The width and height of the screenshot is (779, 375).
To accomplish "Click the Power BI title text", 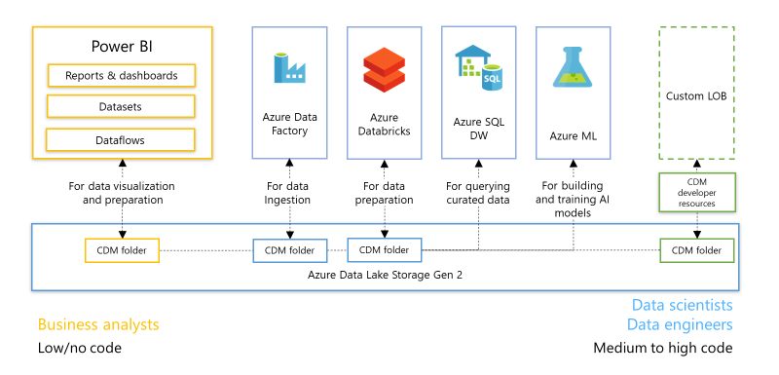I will point(122,46).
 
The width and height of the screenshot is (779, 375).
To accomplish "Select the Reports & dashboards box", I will point(122,76).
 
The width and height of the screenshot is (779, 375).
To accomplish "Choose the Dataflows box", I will point(122,140).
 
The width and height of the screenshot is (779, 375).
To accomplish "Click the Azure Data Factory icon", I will point(289,68).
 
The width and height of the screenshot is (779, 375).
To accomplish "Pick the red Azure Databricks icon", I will point(384,68).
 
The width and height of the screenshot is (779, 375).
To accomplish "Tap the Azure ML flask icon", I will point(574,68).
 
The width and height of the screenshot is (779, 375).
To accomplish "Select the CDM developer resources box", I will point(696,191).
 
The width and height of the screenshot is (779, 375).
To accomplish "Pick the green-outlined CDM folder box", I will point(696,250).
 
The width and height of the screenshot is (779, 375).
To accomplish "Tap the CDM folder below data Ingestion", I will point(289,250).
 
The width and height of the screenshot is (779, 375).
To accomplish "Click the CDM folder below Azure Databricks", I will point(385,250).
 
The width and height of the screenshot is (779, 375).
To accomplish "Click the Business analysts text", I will point(97,324).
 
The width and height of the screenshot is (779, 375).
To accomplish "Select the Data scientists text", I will point(682,306).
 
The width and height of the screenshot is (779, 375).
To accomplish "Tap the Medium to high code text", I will point(662,348).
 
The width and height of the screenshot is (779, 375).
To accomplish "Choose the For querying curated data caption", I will point(478,193).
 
